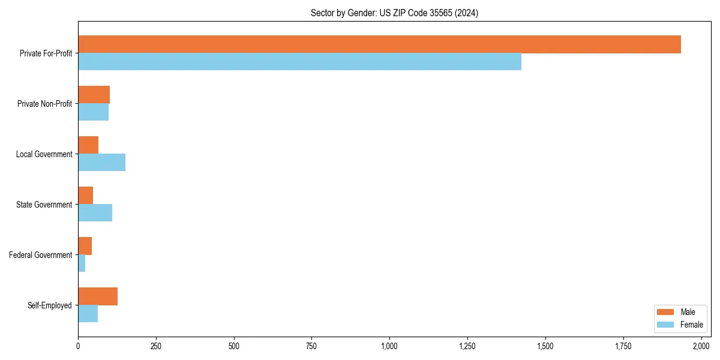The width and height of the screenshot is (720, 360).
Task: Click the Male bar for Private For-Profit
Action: [379, 44]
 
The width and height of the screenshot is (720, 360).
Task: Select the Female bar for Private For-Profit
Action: [299, 62]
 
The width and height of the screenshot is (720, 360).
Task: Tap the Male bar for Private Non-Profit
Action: [94, 95]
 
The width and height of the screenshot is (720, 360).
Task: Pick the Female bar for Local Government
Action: [101, 163]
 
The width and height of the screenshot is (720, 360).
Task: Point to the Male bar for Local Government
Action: [88, 145]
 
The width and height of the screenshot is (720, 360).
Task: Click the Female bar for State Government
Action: [95, 213]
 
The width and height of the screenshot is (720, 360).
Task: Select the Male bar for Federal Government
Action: [85, 246]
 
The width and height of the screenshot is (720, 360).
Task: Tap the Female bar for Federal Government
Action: [82, 263]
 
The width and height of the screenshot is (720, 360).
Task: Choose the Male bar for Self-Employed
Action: [98, 296]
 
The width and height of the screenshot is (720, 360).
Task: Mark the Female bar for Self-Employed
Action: [88, 314]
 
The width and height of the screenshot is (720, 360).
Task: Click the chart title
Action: [394, 13]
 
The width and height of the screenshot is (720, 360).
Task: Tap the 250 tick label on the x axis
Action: [156, 346]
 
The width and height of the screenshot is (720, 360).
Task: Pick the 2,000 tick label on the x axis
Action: [701, 346]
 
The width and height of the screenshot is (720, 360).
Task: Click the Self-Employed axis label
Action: [50, 305]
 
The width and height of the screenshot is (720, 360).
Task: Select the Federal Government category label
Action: [41, 255]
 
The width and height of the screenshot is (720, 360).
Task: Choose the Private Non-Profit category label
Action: [44, 104]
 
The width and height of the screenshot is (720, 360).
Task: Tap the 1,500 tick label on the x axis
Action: [545, 346]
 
